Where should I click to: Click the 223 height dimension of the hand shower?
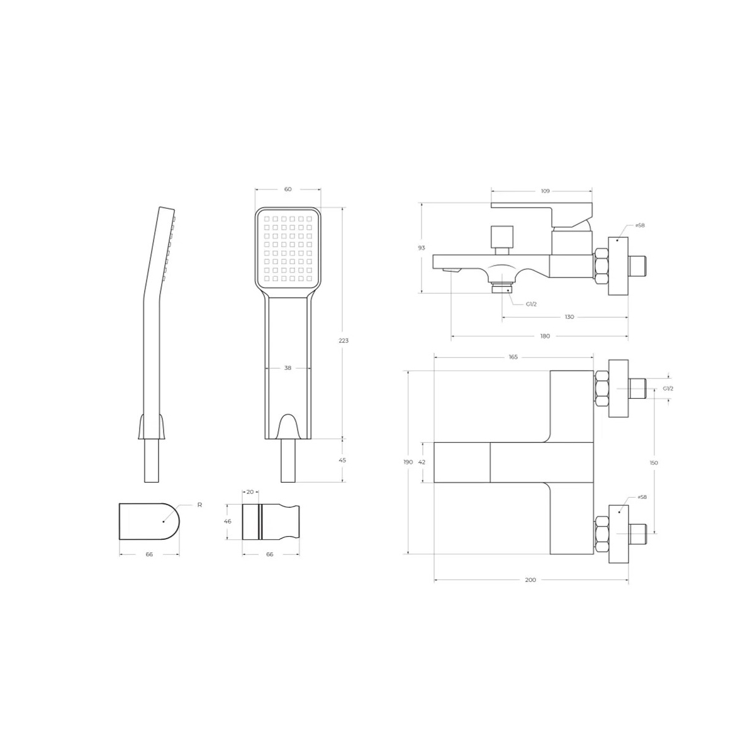[344, 340]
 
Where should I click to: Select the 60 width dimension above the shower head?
[288, 189]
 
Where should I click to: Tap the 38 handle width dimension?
[288, 368]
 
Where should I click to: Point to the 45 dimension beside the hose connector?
[342, 460]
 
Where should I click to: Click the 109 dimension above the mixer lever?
[545, 191]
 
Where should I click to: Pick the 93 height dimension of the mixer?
[421, 248]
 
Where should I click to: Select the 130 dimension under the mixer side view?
[569, 316]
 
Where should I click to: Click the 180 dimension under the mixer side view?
[545, 336]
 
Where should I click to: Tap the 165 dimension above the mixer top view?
[513, 357]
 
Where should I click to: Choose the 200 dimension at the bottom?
[530, 580]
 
